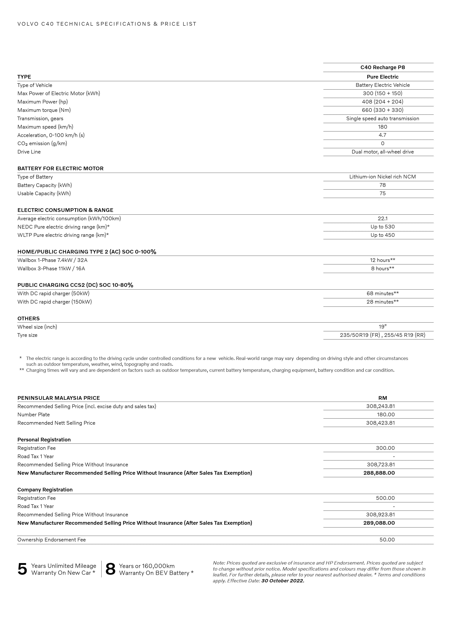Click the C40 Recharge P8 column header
pos(382,67)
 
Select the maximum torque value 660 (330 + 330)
pos(382,110)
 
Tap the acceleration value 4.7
pos(382,135)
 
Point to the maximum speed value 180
pos(382,127)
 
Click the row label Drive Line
pos(29,152)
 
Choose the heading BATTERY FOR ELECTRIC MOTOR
pos(60,168)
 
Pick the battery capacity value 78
pos(382,185)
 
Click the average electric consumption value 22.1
pos(382,218)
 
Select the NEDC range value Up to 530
pos(382,227)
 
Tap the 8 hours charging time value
pos(382,268)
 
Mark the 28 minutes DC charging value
pos(382,302)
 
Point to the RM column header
pos(382,398)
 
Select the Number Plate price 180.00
pos(386,415)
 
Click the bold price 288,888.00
pos(379,473)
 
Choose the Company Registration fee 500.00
pos(385,498)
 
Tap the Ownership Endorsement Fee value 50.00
pos(387,540)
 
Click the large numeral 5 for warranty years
pos(22,569)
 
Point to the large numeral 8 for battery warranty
pos(110,569)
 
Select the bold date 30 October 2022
pos(283,581)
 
